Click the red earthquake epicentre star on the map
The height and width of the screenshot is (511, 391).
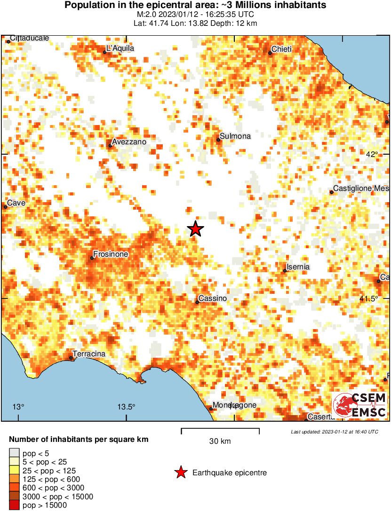tap(195, 229)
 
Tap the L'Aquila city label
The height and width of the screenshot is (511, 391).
tap(120, 48)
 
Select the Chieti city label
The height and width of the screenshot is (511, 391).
tap(282, 49)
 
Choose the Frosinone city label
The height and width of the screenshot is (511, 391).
tap(111, 254)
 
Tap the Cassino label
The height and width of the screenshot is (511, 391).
tap(213, 299)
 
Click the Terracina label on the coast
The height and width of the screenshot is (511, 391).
tap(89, 354)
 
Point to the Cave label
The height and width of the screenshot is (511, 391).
tap(16, 203)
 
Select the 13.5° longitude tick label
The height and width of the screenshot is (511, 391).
tap(126, 407)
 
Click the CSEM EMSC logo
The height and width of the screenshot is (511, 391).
tap(359, 405)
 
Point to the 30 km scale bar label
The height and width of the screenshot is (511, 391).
tap(220, 441)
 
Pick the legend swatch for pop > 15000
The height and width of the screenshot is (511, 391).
tap(14, 505)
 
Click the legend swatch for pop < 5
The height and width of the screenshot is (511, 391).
tap(14, 454)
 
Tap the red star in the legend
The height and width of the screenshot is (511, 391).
tap(180, 472)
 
